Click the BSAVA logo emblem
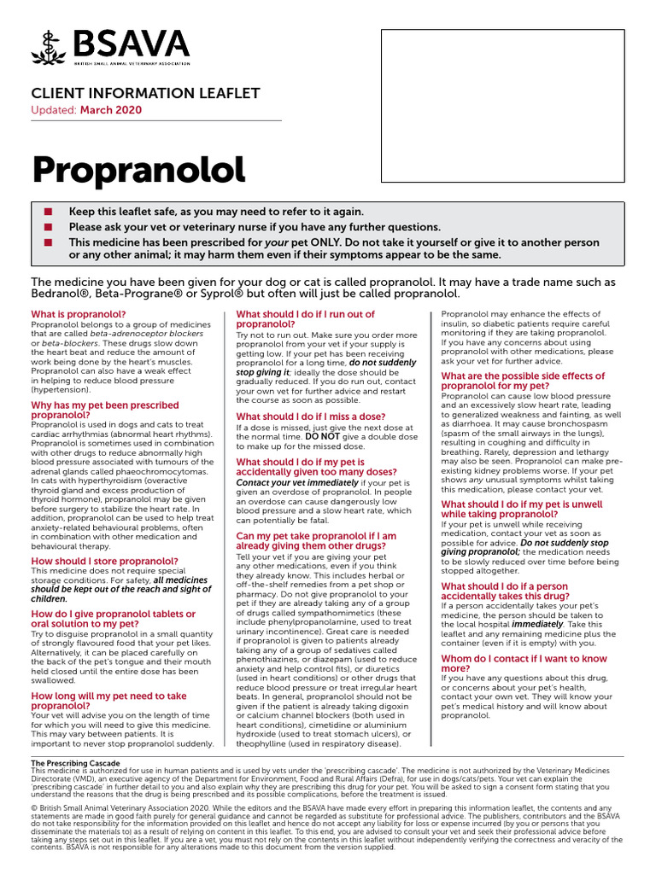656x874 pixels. [50, 47]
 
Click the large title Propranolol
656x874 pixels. [138, 171]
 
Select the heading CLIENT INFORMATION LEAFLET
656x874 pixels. [145, 93]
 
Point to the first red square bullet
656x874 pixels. [48, 212]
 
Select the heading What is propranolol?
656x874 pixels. [78, 314]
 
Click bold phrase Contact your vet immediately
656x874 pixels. [298, 482]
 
